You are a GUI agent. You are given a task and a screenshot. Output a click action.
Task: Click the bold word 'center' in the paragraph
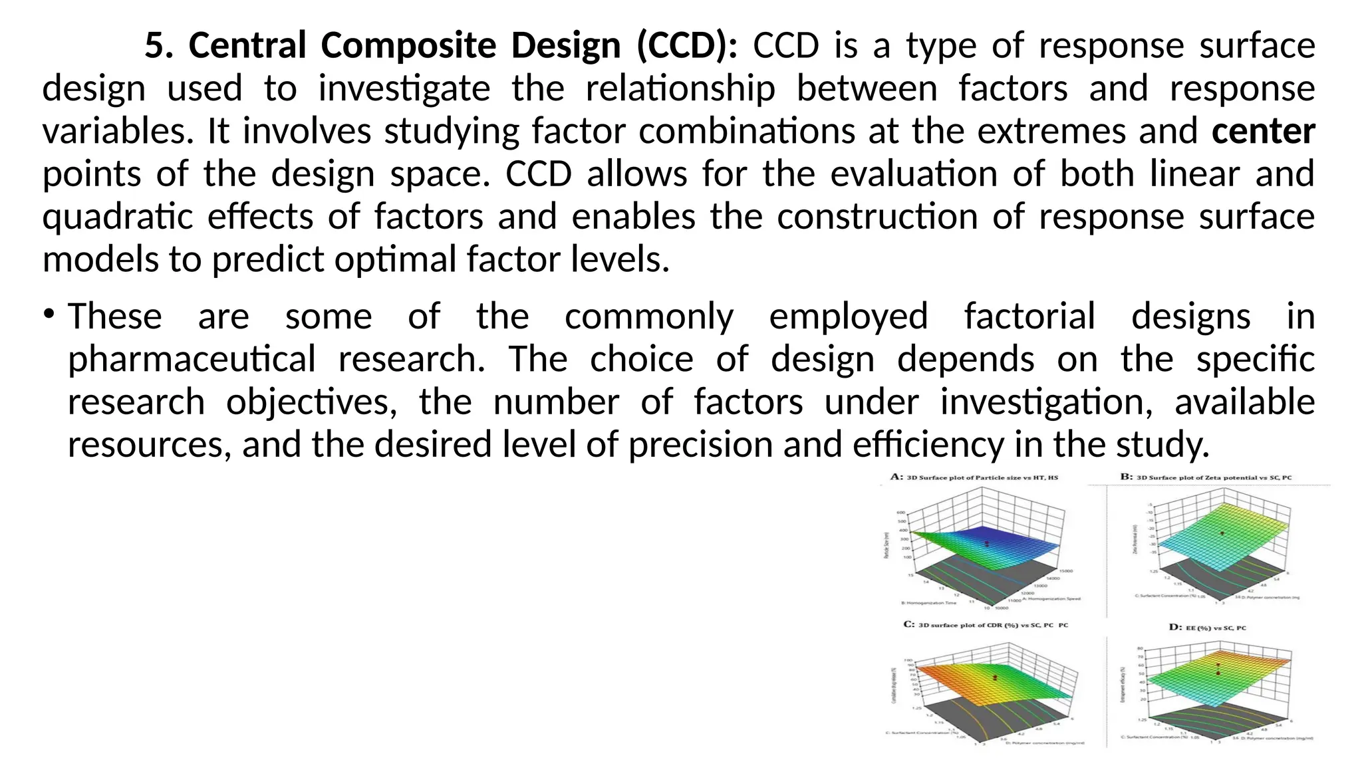[1263, 131]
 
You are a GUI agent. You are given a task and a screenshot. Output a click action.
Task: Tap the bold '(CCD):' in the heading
[686, 46]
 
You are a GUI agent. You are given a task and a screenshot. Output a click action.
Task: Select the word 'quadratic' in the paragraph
[117, 217]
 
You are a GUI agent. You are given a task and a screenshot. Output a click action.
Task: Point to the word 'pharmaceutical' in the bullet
[192, 360]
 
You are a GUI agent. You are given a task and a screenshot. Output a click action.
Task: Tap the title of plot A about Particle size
[974, 477]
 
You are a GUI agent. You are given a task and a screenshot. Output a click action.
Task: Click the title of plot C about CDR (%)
[986, 624]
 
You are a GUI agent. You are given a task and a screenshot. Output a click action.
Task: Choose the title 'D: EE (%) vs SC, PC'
[1207, 627]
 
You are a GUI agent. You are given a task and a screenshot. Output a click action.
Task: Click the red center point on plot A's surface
[987, 544]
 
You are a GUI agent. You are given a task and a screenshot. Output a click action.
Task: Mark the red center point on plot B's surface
[1222, 533]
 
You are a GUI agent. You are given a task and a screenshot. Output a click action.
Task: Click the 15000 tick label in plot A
[1065, 571]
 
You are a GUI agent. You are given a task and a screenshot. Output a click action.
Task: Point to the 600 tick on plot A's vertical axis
[901, 513]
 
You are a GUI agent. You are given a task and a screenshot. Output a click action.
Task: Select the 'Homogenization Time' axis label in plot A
[928, 603]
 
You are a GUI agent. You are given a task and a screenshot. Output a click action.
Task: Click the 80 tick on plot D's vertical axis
[1140, 648]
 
